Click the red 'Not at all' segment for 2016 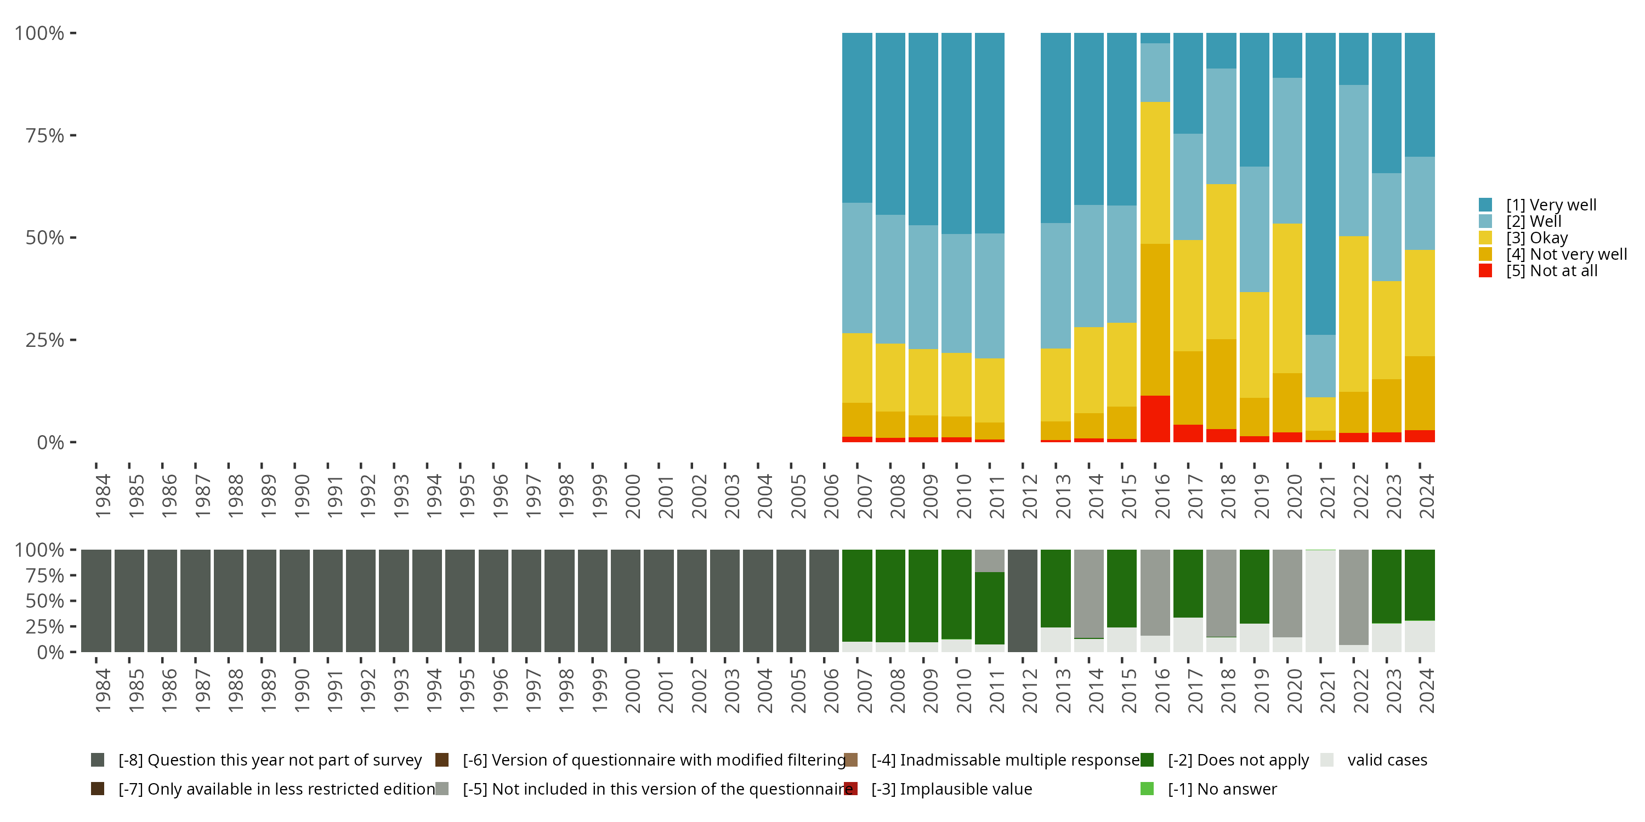[x=1155, y=419]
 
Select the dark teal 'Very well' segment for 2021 [x=1320, y=184]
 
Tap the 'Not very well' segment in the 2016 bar [x=1155, y=319]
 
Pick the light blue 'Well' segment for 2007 [x=857, y=268]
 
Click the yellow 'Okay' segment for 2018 [x=1221, y=261]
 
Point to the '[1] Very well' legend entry [x=1551, y=205]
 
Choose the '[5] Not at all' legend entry [x=1551, y=271]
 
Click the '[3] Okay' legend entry [x=1536, y=238]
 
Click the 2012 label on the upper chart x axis [x=1029, y=496]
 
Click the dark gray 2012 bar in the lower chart [x=1023, y=601]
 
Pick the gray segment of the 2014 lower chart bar [x=1089, y=593]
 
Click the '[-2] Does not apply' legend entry [x=1238, y=760]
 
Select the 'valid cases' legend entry [x=1386, y=760]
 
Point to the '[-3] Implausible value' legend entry [x=951, y=789]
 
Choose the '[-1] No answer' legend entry [x=1222, y=789]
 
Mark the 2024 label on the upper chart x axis [x=1427, y=496]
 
